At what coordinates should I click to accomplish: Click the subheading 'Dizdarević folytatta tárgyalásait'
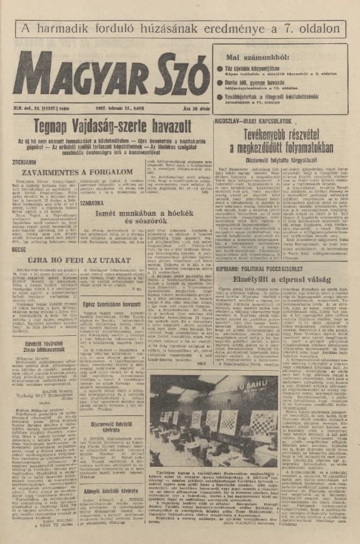click(286, 158)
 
